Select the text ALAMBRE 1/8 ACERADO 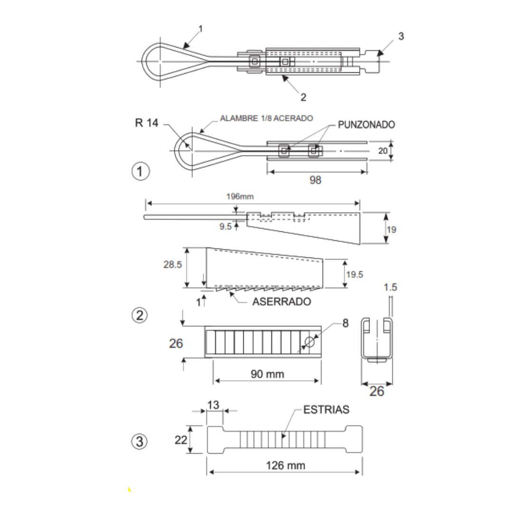[x=266, y=118]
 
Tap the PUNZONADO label [x=366, y=124]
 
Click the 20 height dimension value [x=382, y=151]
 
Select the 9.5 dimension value [x=225, y=227]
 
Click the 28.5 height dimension [x=173, y=265]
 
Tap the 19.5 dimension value [x=354, y=274]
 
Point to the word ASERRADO [x=282, y=301]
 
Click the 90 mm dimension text [x=267, y=374]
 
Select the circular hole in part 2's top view [x=309, y=342]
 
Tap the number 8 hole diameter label [x=345, y=323]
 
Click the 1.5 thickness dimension [x=390, y=287]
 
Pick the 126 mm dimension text [x=285, y=465]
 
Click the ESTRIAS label [x=326, y=409]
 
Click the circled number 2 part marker [x=139, y=315]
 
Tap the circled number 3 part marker [x=139, y=442]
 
